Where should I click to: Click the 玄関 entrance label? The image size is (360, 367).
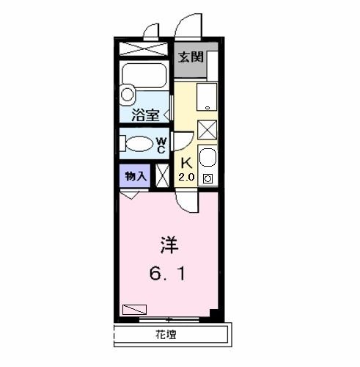click(x=191, y=57)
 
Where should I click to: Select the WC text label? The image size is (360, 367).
click(x=161, y=144)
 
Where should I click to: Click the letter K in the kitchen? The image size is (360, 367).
click(x=185, y=163)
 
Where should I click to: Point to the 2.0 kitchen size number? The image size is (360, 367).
click(x=185, y=177)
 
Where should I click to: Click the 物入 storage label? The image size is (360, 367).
click(x=135, y=175)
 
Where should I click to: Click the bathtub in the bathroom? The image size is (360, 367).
click(x=145, y=76)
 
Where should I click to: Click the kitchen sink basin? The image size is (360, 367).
click(x=207, y=158)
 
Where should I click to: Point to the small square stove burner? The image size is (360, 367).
click(x=207, y=178)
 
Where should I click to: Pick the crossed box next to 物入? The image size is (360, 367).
click(x=163, y=176)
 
